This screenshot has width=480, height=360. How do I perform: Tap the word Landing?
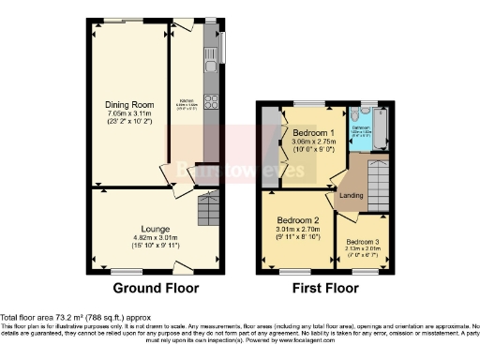click(x=352, y=196)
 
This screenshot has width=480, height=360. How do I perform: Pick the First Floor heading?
click(x=328, y=289)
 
